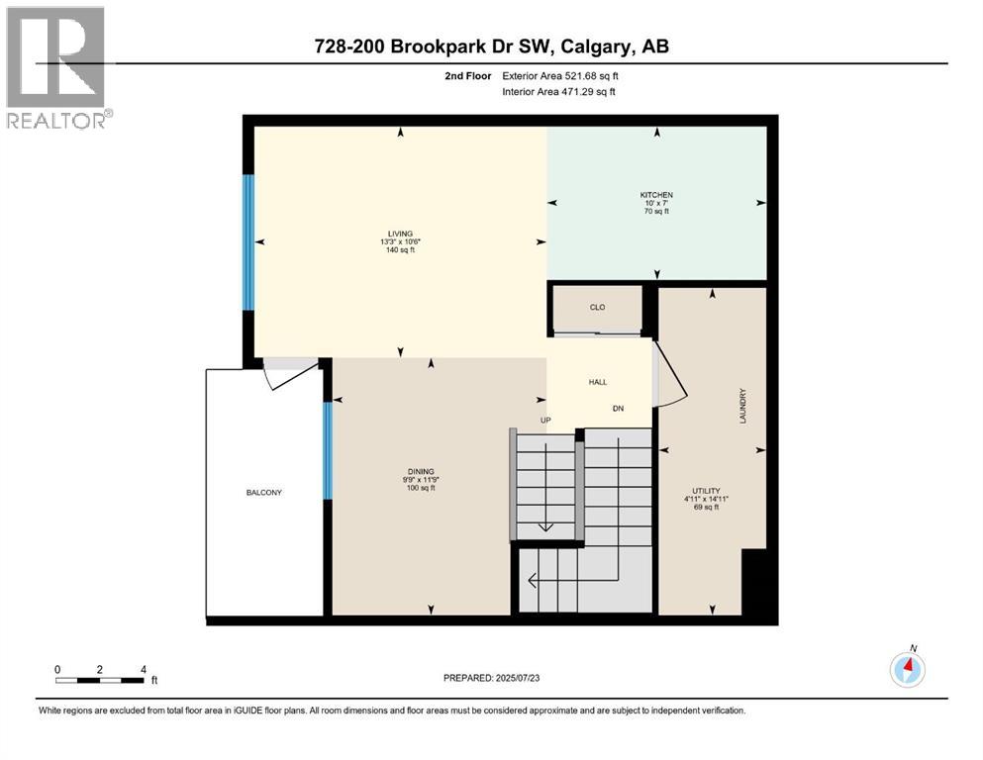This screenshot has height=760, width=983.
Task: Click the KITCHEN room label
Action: tap(656, 195)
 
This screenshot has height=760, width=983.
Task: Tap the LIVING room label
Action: tap(399, 234)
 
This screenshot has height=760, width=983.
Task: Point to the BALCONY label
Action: tap(264, 492)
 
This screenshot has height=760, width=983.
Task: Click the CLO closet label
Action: tap(597, 308)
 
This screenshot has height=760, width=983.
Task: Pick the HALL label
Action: tap(598, 382)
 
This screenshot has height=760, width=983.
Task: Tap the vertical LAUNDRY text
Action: tap(741, 406)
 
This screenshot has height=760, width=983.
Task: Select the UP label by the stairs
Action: tap(544, 421)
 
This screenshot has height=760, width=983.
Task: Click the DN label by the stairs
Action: tap(618, 408)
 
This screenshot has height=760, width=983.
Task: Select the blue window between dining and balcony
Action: tap(327, 450)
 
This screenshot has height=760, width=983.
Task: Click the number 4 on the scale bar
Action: tap(145, 669)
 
